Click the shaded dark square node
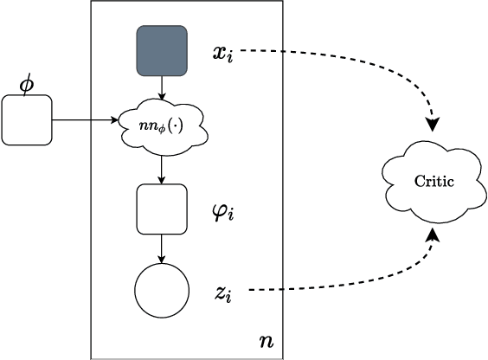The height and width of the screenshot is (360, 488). coord(162,51)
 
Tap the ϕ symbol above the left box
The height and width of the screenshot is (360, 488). coord(25,83)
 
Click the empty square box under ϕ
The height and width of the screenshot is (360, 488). coord(27,119)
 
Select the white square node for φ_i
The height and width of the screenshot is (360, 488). coord(162,209)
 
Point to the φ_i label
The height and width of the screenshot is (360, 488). coord(223,210)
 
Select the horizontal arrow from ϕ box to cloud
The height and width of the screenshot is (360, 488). coord(87,120)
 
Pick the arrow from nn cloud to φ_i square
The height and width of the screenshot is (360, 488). coord(162,170)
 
